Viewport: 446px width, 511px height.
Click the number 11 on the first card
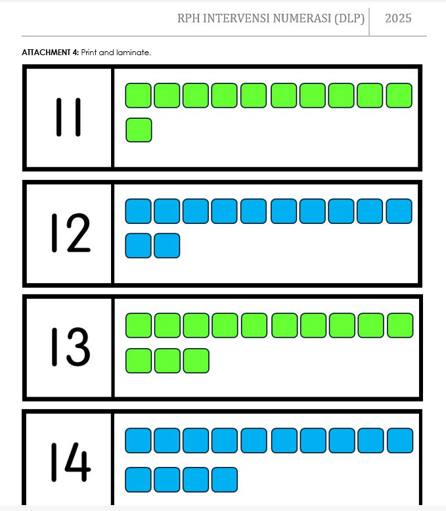(68, 118)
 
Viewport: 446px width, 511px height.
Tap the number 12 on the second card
(71, 233)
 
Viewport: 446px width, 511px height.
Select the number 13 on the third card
(71, 347)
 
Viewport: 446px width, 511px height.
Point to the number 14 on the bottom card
(71, 462)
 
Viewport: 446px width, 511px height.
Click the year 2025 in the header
(398, 18)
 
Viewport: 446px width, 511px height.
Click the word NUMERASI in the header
(302, 18)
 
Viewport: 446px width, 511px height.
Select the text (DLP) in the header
(349, 18)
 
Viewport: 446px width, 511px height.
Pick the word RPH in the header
(189, 18)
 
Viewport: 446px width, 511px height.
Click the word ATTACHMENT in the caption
(46, 53)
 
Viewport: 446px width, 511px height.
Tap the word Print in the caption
(89, 53)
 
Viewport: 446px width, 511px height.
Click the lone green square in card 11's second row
(139, 130)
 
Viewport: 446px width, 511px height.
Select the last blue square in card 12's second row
(167, 246)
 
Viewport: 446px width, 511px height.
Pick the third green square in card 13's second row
(196, 361)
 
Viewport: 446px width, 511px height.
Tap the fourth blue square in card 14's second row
(225, 479)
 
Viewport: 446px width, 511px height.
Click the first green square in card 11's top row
(138, 95)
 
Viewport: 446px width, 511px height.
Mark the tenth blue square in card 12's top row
(399, 211)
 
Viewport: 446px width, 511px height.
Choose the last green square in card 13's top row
(401, 325)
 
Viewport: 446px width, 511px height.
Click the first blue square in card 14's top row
(138, 441)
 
